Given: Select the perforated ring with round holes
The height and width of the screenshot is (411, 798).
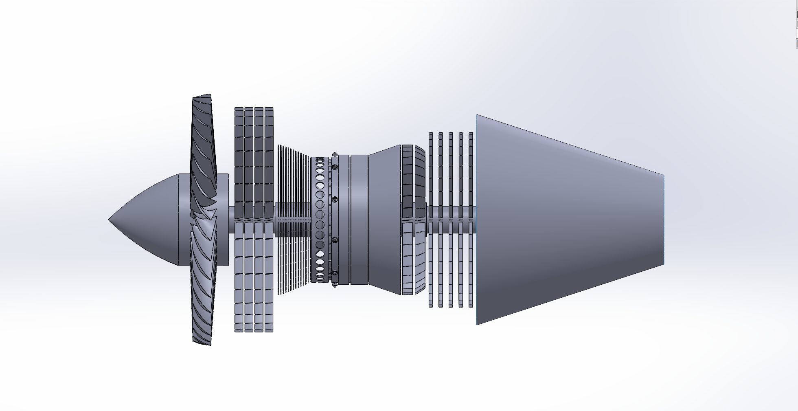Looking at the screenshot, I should [x=320, y=220].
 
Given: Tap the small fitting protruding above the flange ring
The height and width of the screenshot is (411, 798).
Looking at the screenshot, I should [x=335, y=154].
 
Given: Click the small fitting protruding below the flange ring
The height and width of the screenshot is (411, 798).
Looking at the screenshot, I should [x=335, y=286].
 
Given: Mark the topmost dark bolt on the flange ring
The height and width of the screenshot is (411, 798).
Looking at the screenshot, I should [x=335, y=167].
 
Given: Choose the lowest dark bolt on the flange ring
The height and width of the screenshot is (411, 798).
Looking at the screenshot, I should [x=335, y=272].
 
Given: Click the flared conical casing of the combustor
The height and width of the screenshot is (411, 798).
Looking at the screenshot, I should [x=385, y=220].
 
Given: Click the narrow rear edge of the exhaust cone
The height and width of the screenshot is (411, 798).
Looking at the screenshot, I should [x=664, y=220].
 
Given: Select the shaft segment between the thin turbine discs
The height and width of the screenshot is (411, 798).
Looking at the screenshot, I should [x=446, y=212].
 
